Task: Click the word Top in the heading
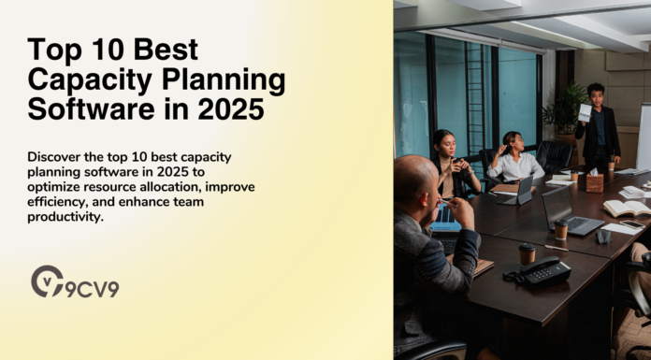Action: [x=51, y=50]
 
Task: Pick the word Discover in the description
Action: [x=59, y=156]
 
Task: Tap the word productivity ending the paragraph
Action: [x=65, y=216]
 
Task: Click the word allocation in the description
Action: [x=161, y=186]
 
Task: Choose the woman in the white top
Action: [x=515, y=160]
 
